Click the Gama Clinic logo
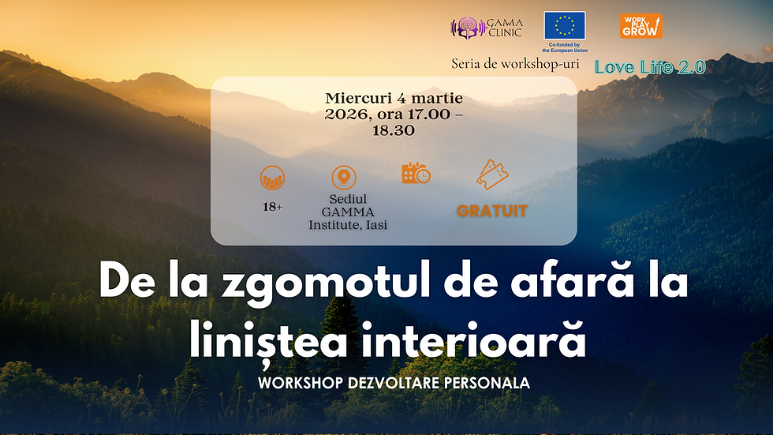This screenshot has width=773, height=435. [x=486, y=28]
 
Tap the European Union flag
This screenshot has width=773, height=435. [x=564, y=26]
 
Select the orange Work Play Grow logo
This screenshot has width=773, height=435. [x=640, y=26]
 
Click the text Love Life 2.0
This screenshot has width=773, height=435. [x=650, y=67]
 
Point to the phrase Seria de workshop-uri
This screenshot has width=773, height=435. [x=515, y=63]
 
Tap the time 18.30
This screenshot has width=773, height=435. [x=394, y=130]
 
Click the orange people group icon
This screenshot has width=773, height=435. [x=272, y=178]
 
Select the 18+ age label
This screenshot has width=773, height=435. [x=273, y=206]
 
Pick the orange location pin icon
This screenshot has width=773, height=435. [x=343, y=177]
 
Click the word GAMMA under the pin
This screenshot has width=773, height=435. [x=348, y=212]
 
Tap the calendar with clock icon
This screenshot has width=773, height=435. [x=416, y=174]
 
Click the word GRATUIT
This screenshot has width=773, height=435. [x=492, y=211]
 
